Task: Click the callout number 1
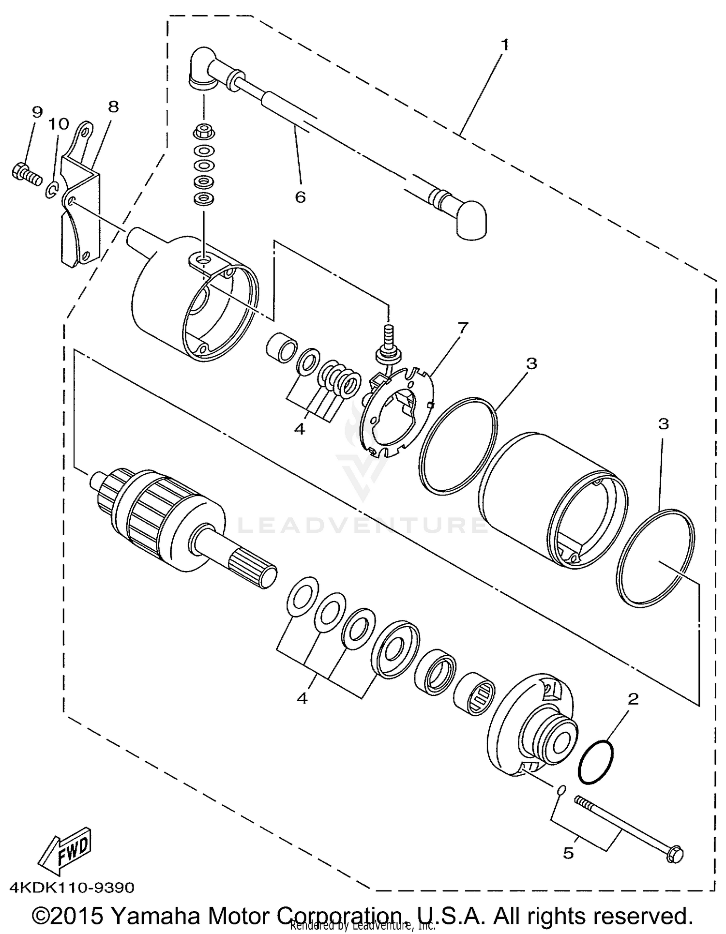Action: [x=505, y=45]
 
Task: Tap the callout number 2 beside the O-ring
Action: [x=633, y=699]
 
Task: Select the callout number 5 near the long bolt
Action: [x=568, y=853]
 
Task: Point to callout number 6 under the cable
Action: [x=300, y=197]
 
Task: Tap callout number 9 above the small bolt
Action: [x=37, y=112]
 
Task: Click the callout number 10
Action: [x=59, y=124]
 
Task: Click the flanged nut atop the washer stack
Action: [x=204, y=132]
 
